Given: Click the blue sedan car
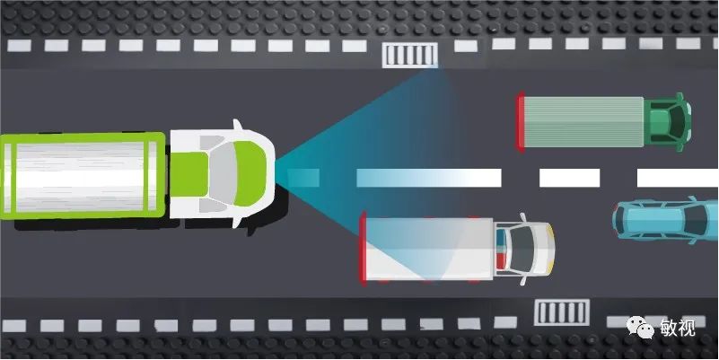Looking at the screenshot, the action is tap(665, 220).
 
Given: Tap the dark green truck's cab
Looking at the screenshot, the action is tap(667, 122).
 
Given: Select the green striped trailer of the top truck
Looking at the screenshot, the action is tap(583, 122).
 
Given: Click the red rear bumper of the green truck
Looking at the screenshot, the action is tap(520, 121).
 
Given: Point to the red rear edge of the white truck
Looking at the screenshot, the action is tap(363, 249).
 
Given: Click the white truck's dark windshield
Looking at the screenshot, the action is tap(521, 249).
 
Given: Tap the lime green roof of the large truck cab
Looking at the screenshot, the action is tap(250, 173).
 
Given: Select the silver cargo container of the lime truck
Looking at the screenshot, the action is tap(82, 176).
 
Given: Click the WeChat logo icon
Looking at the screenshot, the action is tap(640, 328).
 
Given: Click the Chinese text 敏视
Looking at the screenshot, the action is tap(678, 328).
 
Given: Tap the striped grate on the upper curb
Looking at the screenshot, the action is tap(409, 55).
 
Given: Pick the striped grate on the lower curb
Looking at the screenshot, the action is tap(561, 312).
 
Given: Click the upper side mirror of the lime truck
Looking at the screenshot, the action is tap(237, 125).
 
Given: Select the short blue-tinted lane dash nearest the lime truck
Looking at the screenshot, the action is tap(303, 178).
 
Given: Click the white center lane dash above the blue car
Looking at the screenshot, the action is tap(678, 178).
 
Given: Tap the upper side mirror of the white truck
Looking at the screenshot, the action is tap(522, 217).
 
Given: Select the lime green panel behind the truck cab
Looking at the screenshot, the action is tap(189, 174).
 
